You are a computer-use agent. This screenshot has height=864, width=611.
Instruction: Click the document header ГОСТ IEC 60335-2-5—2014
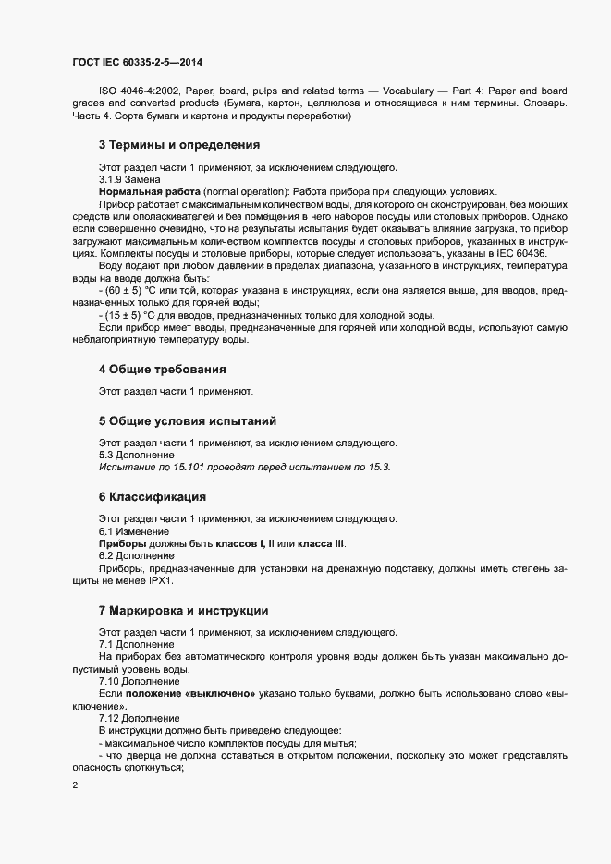pos(137,63)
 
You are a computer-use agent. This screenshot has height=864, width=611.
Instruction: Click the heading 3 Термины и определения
pos(178,145)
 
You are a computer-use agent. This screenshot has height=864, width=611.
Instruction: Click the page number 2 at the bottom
pos(76,785)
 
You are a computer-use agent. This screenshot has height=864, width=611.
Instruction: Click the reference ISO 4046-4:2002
pos(138,91)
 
